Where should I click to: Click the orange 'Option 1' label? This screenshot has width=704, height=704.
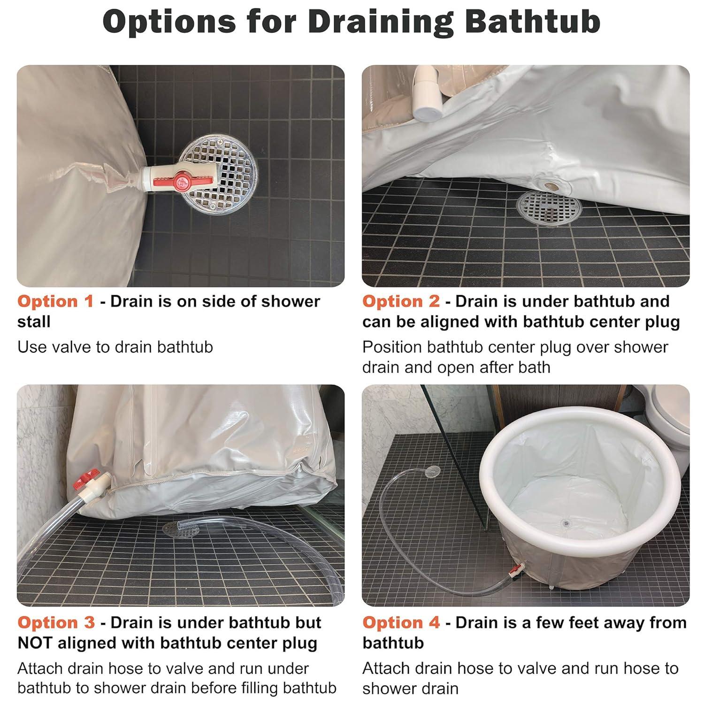[55, 301]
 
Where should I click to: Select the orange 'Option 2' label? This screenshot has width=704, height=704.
[401, 301]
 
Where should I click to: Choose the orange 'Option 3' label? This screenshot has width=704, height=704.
[56, 623]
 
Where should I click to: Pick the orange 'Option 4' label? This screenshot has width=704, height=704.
[401, 623]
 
